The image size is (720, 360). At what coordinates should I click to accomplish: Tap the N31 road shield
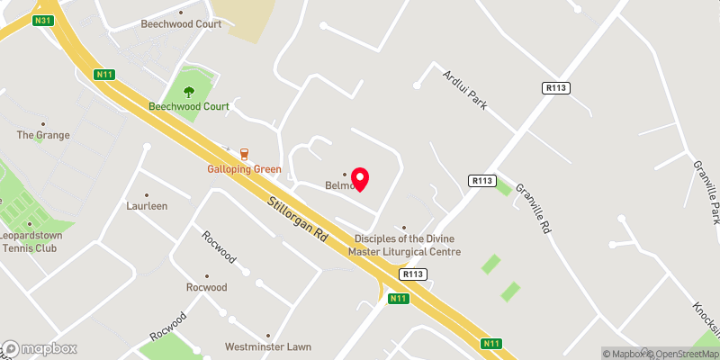[x=41, y=20]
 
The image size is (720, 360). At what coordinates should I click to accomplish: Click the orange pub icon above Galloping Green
[x=244, y=154]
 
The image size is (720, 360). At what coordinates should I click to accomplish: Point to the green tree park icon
[x=189, y=90]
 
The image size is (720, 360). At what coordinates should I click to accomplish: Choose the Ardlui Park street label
[x=464, y=90]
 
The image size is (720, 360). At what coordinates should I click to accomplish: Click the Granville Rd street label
[x=532, y=208]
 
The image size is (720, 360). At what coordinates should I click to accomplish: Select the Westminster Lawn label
[x=267, y=346]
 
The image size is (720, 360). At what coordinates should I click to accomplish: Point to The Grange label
[x=42, y=135]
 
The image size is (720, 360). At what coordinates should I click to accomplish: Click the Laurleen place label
[x=148, y=205]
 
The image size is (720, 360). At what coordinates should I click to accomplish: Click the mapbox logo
[x=40, y=348]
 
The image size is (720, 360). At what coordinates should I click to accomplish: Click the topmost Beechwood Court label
[x=181, y=24]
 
